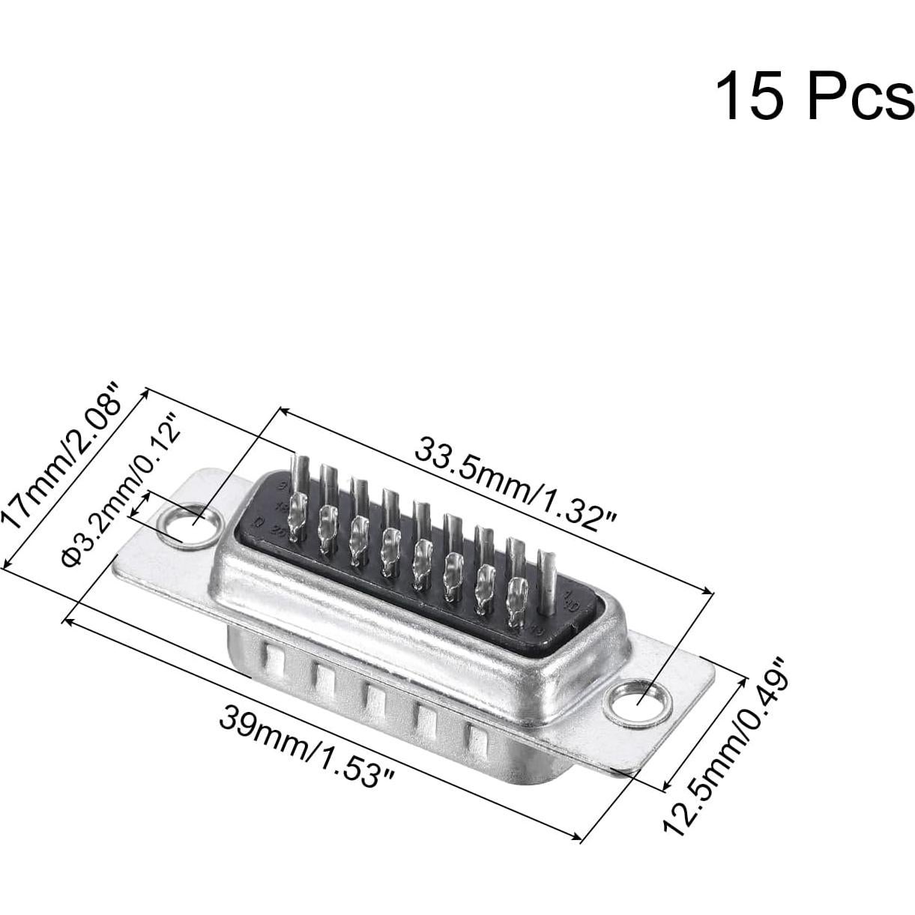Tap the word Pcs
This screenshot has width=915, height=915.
(x=860, y=96)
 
